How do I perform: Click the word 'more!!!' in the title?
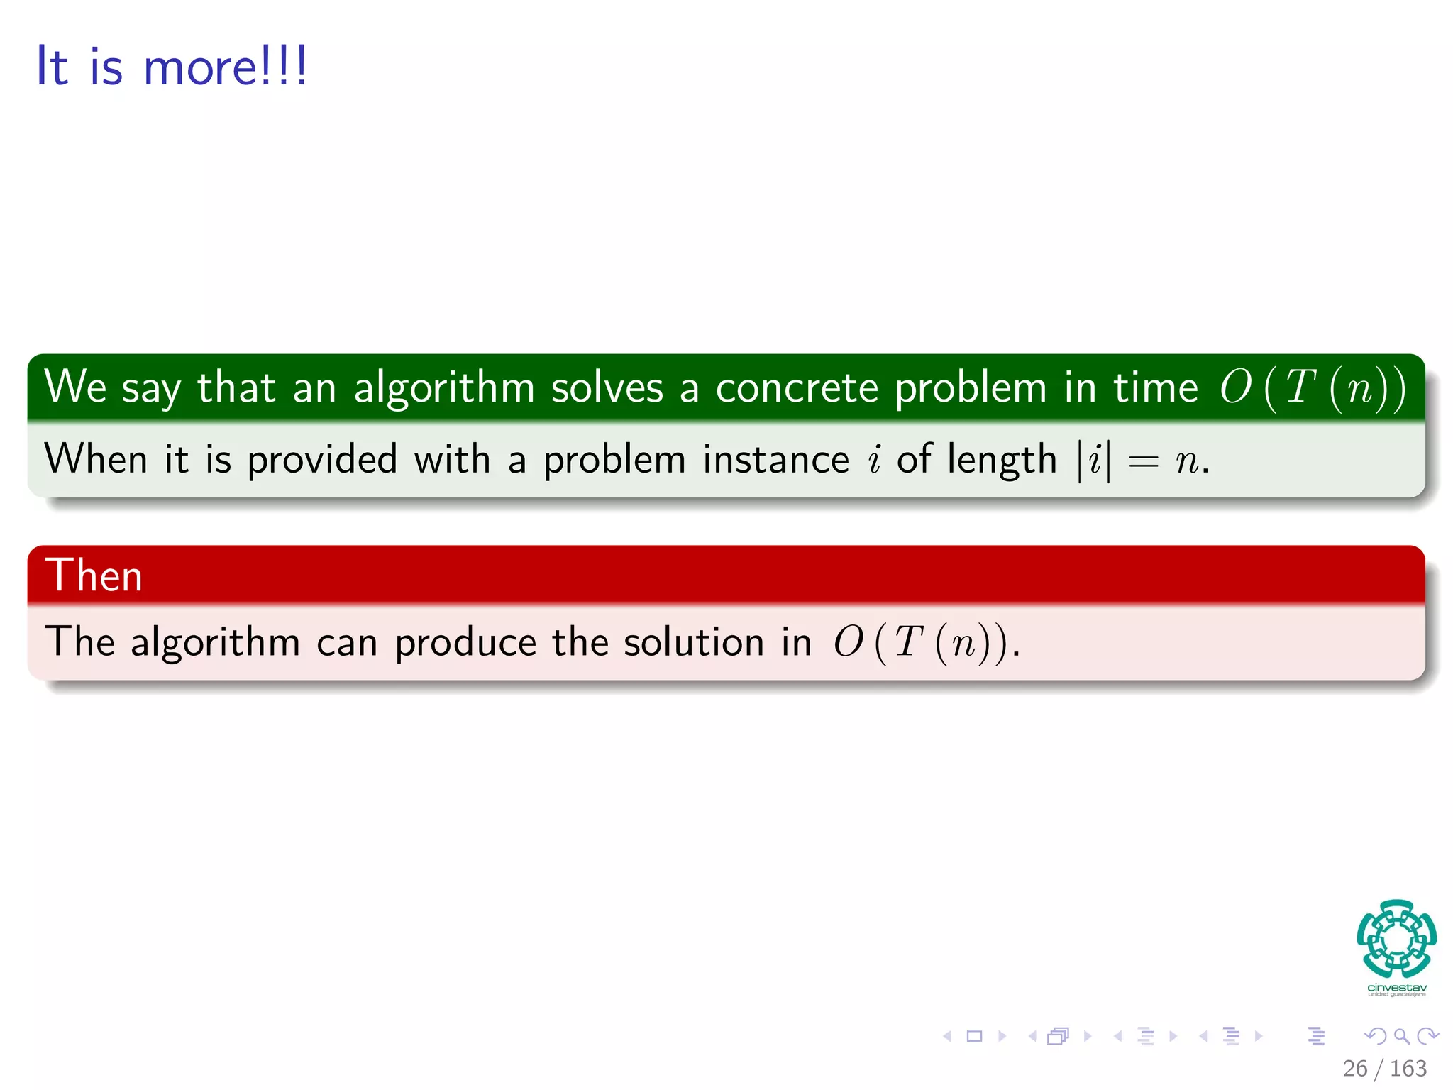coord(226,67)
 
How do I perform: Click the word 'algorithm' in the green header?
coord(443,388)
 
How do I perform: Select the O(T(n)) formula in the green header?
coord(1313,388)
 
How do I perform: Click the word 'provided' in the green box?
coord(321,460)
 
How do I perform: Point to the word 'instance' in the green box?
coord(775,460)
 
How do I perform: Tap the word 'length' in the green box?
coord(1002,460)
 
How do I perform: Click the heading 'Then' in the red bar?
coord(94,575)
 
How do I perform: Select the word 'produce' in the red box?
coord(465,643)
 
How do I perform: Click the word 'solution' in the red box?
coord(693,643)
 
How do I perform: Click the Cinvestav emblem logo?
coord(1396,938)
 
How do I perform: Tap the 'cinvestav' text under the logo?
coord(1396,987)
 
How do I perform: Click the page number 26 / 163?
coord(1384,1068)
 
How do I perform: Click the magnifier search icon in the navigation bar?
coord(1401,1036)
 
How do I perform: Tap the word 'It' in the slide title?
coord(52,67)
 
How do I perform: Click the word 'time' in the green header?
coord(1155,388)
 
